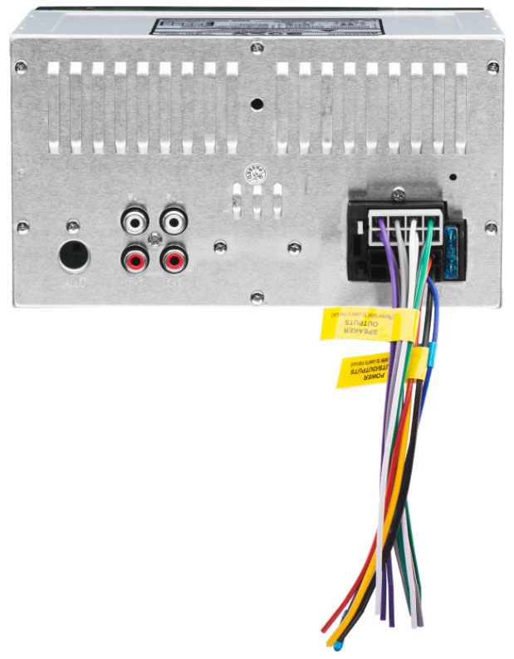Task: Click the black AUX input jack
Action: pyautogui.click(x=73, y=256)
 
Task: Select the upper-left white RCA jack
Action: pyautogui.click(x=135, y=222)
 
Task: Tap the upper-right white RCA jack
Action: pyautogui.click(x=174, y=222)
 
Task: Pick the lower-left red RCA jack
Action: pyautogui.click(x=135, y=261)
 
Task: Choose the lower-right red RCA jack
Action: pyautogui.click(x=174, y=261)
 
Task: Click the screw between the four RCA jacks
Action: pyautogui.click(x=154, y=241)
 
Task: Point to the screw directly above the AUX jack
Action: pyautogui.click(x=73, y=225)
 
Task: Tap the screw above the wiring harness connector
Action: pyautogui.click(x=399, y=194)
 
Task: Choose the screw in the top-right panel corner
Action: pyautogui.click(x=492, y=66)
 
